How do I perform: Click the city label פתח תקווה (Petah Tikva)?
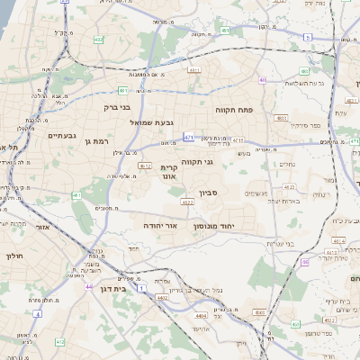tap(237, 109)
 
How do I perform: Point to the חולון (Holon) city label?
tap(13, 256)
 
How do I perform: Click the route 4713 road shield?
tap(238, 140)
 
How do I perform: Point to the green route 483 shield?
tap(282, 118)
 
